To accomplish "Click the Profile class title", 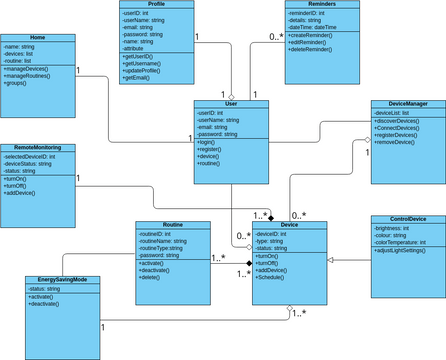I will coord(156,4).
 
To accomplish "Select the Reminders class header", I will coord(309,4).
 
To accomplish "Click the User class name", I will coord(231,104).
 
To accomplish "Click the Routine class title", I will coord(172,225).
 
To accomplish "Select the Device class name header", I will coord(290,225).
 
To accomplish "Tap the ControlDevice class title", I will coord(406,218).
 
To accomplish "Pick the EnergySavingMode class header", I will coord(62,280).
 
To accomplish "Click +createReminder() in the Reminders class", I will coord(310,36).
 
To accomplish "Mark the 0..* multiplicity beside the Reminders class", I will coord(276,38).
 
